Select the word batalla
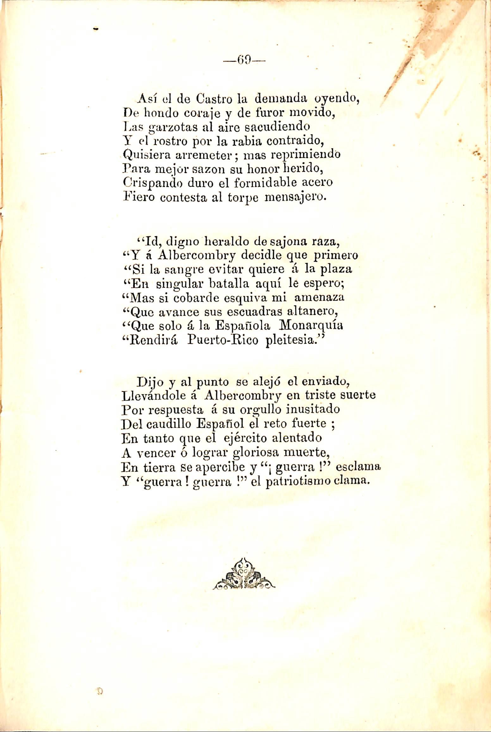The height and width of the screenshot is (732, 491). (227, 283)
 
